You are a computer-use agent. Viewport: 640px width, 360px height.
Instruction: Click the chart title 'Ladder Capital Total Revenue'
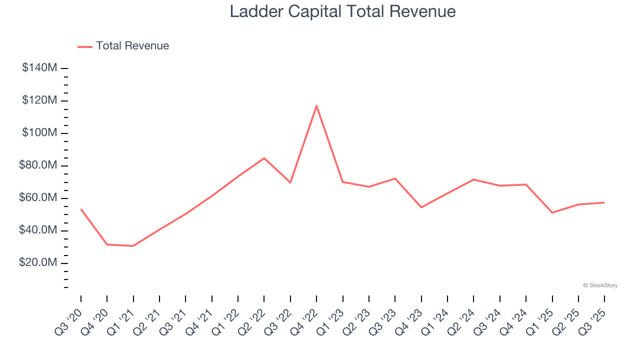(342, 11)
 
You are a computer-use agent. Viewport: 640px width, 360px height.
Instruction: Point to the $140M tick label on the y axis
(39, 68)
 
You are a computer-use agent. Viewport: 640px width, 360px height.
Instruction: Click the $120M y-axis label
(39, 100)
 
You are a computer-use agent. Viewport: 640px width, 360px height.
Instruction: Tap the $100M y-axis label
(39, 133)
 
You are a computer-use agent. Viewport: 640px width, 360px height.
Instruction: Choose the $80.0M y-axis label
(37, 165)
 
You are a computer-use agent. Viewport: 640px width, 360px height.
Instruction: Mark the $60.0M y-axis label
(37, 198)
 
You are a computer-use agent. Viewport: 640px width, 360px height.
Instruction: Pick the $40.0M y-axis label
(37, 230)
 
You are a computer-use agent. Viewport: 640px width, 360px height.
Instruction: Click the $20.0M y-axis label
(37, 263)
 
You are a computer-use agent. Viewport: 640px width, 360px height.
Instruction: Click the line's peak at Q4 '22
(316, 105)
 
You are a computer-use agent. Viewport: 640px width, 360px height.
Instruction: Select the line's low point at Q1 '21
(133, 246)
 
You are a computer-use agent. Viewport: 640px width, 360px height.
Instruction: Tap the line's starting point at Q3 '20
(81, 209)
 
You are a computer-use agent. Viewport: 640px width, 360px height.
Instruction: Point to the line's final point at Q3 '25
(604, 202)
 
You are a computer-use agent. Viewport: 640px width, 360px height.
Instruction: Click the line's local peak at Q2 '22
(264, 158)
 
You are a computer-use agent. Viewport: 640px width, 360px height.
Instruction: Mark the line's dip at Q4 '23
(421, 207)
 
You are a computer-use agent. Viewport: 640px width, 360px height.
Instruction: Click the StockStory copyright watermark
(600, 285)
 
